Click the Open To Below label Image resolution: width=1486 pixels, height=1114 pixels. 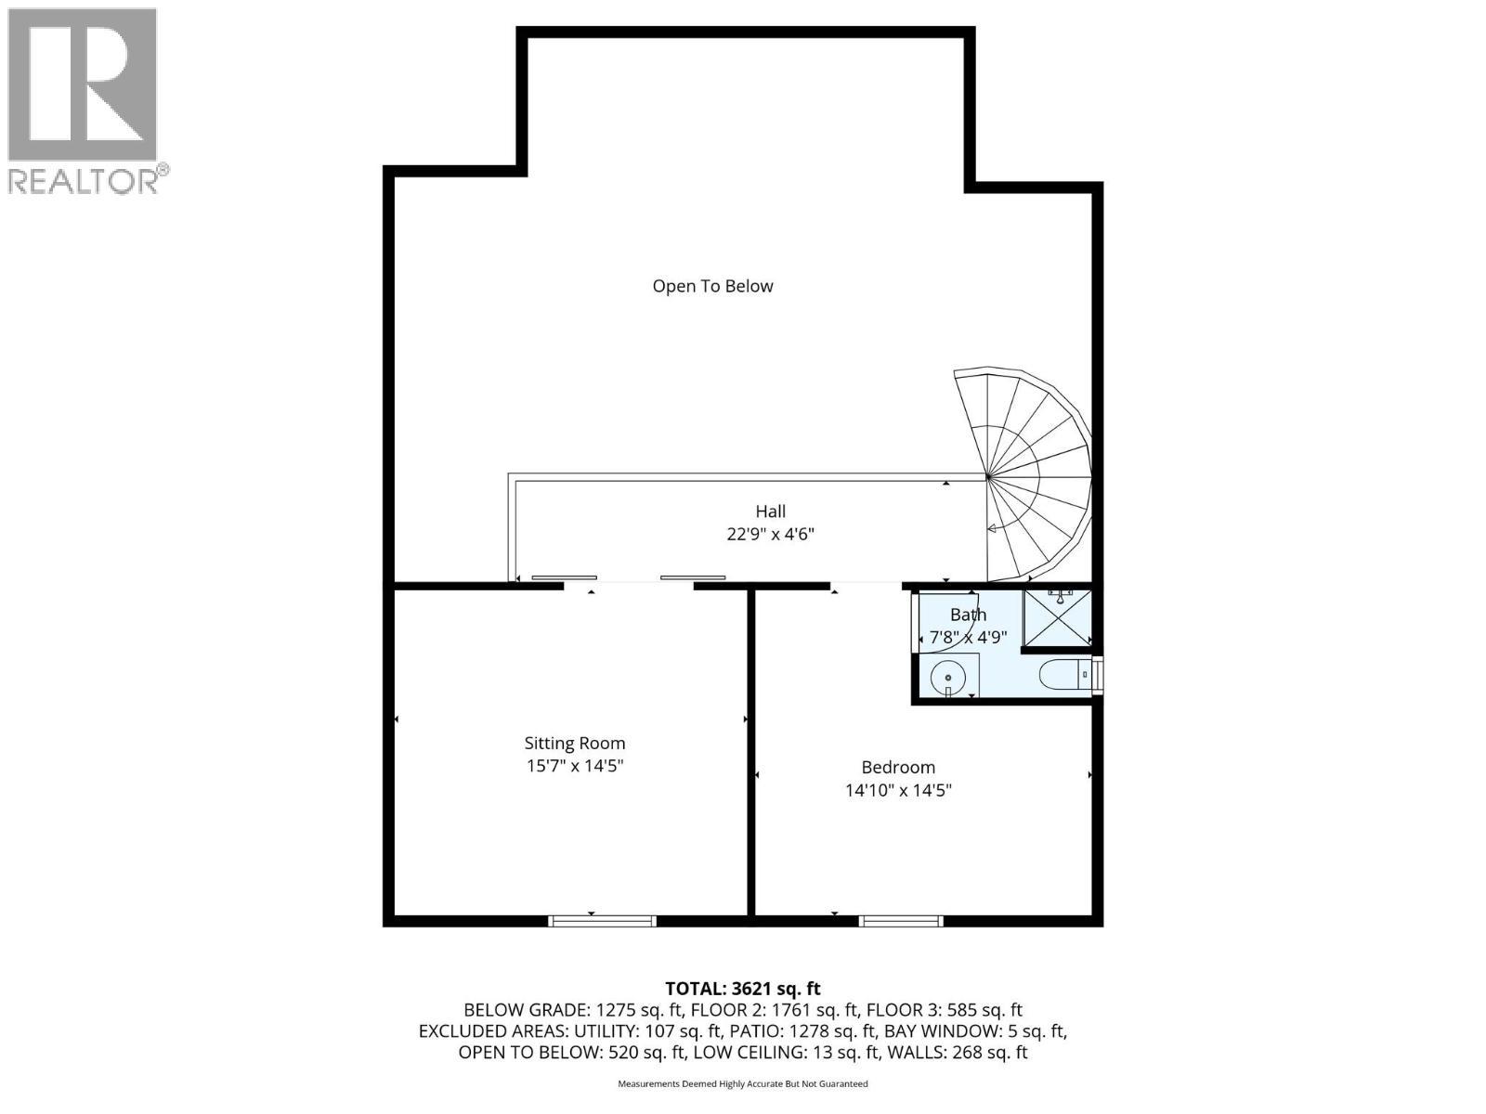tap(712, 286)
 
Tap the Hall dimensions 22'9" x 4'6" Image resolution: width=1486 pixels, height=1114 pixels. tap(770, 535)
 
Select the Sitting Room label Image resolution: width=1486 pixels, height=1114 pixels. tap(575, 743)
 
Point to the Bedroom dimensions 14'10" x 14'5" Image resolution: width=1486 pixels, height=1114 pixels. tap(898, 791)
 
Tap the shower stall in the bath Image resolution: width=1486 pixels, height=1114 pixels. tap(1057, 617)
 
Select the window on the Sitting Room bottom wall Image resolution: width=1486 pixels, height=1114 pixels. tap(602, 921)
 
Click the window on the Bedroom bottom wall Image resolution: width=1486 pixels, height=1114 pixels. tap(901, 921)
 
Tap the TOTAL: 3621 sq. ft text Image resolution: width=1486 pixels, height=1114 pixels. tap(743, 989)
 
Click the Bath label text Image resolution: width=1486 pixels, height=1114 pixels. tap(968, 615)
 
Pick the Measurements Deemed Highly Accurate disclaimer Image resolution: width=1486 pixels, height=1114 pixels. tap(743, 1083)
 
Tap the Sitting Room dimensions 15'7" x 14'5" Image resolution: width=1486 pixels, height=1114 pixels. tap(575, 766)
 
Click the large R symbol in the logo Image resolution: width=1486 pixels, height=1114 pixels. tap(82, 84)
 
